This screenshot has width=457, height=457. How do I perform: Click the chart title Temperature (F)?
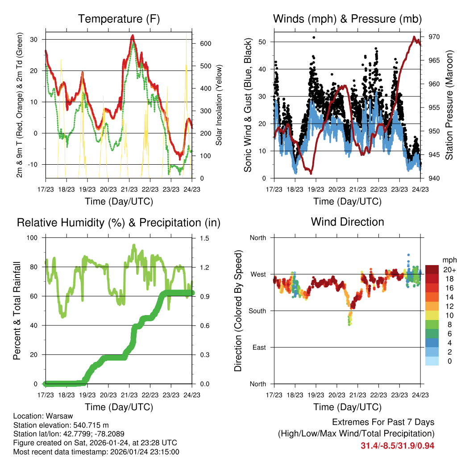pos(119,19)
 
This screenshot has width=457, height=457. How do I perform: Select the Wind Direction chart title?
pos(347,222)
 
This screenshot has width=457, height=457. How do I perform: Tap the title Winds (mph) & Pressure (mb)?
pos(347,19)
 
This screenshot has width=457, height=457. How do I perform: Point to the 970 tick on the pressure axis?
pos(434,37)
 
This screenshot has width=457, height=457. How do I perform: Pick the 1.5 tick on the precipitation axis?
pos(205,238)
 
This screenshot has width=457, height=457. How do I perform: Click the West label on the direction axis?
pos(258,274)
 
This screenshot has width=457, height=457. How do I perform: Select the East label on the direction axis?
pos(259,347)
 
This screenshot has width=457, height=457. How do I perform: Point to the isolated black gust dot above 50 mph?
pos(314,37)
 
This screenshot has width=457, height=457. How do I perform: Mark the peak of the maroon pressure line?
pos(414,37)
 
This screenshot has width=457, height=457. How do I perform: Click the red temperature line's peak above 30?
pos(132,35)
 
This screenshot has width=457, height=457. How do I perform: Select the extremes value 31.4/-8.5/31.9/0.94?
pos(398,445)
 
